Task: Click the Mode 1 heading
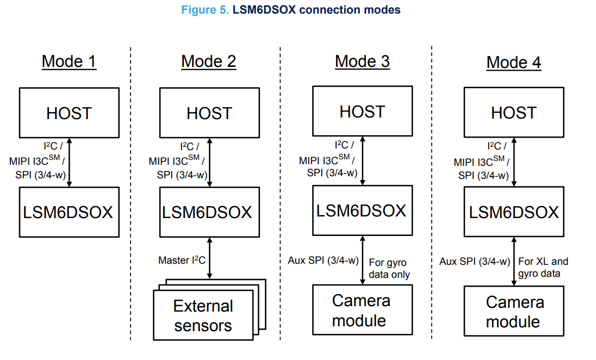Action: (69, 61)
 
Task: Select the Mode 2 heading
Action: (209, 61)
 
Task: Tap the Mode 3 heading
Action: (362, 61)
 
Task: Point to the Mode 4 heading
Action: (513, 63)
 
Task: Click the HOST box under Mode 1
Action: (69, 113)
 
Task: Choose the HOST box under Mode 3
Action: (362, 111)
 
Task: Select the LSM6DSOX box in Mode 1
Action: (69, 212)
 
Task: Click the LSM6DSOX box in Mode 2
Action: (209, 212)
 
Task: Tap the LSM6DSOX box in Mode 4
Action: (514, 212)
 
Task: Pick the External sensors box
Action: (203, 316)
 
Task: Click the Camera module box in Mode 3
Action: (362, 310)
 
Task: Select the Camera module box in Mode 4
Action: (513, 312)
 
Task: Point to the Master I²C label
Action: (182, 260)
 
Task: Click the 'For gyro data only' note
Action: (389, 268)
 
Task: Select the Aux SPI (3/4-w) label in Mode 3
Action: (323, 260)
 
